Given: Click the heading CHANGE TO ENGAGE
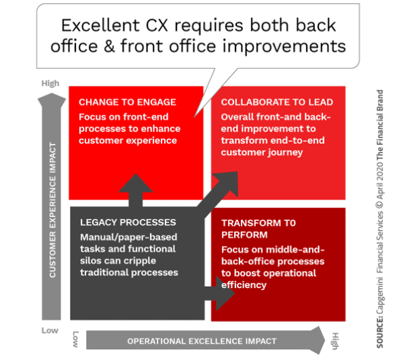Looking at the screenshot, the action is coord(128,102).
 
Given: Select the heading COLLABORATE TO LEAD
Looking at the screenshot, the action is coord(277,102).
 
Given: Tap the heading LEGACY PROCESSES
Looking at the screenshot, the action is coord(128,222).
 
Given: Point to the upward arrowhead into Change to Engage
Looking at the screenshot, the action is coord(136,183).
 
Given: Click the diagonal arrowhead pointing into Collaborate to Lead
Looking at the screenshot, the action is coord(228,182).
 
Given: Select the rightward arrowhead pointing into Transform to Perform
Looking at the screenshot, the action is coord(225,293).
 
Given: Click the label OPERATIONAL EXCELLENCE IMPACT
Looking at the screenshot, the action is coord(202,341).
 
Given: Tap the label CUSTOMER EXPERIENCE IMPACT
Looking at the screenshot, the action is coord(52,210).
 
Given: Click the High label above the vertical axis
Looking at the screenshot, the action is coord(50,84).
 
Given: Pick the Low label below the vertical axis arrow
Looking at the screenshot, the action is coord(50,330).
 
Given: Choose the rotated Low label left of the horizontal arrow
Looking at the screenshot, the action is coord(75,339).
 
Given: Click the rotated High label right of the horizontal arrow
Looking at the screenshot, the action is coord(335,341).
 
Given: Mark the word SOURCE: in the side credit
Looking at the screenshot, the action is coord(380,332).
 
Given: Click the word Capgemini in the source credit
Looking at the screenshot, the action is coord(380,295).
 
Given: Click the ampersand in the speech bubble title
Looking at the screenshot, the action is coord(109,46).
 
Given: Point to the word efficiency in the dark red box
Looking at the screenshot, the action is coord(244,285).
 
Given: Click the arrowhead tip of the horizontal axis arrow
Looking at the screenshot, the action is coord(325,340).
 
